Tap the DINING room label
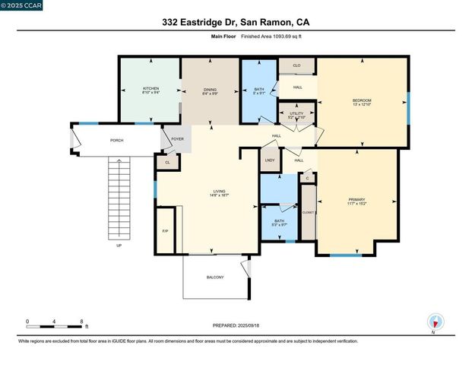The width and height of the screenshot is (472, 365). point(211,90)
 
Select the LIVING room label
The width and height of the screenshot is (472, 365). point(220,192)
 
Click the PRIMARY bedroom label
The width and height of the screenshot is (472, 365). point(356,200)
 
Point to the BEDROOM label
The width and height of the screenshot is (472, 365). point(362,100)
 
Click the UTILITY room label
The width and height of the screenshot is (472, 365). point(296,115)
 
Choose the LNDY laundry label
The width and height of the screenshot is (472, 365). point(270,160)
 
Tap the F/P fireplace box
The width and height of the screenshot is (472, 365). point(165,231)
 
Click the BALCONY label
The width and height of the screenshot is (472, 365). point(215,277)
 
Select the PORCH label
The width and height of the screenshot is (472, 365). point(117,140)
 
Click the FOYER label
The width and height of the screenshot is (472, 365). point(177,139)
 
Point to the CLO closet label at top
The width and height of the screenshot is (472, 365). point(297,66)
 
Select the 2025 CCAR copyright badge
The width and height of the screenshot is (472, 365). point(22,5)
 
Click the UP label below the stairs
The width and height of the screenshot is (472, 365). point(119,246)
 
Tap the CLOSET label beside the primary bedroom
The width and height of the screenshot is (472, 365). point(309,213)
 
